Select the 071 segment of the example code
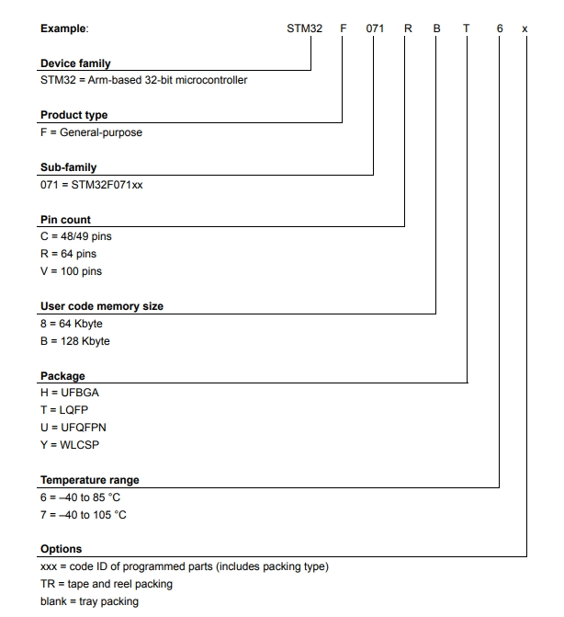click(x=375, y=29)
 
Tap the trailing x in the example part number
click(x=525, y=29)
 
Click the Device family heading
click(x=75, y=63)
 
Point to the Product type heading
click(x=73, y=115)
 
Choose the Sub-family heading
click(x=68, y=167)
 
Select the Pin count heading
click(x=65, y=220)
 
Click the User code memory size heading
click(x=102, y=306)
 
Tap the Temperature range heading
click(x=90, y=480)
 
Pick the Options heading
click(x=61, y=549)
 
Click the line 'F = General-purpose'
click(x=91, y=132)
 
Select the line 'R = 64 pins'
click(x=68, y=254)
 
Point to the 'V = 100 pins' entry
click(x=71, y=271)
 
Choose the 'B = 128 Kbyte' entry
click(x=74, y=341)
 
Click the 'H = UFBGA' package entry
click(x=69, y=393)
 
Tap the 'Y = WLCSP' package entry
click(x=69, y=445)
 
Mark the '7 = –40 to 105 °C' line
click(x=84, y=515)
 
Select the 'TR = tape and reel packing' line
click(x=106, y=584)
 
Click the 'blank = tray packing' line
click(x=89, y=601)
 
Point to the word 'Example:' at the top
click(x=64, y=29)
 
